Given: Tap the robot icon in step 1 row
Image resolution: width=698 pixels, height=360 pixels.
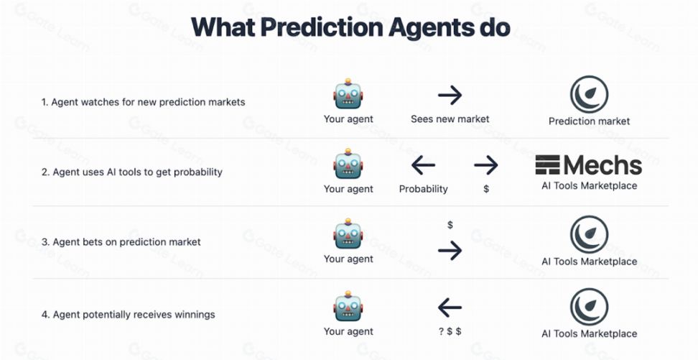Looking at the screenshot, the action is point(348,93).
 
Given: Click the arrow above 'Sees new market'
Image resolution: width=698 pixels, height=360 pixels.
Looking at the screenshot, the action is point(450,95).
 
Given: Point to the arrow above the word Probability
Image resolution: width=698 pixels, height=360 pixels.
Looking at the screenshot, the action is point(423,165).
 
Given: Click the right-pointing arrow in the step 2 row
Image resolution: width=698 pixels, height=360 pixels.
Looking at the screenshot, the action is point(486,165).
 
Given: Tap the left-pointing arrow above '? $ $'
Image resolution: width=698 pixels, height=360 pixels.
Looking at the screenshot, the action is point(450,308).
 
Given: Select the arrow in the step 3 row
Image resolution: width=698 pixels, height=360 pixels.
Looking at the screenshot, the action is point(450,251).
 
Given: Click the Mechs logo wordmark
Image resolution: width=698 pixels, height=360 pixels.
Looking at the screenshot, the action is point(589,165).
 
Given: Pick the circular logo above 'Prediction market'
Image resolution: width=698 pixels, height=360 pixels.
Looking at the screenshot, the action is point(589,94).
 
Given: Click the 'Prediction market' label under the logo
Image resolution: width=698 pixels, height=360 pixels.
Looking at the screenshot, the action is point(589,121).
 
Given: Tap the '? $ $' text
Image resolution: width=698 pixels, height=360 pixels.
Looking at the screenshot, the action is point(450,331).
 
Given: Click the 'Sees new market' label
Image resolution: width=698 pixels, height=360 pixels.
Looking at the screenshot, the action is point(450,119).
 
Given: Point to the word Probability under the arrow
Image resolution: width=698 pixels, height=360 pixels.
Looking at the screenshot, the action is point(424,189).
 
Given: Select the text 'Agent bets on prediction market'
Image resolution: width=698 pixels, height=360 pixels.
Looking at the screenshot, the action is point(127,242).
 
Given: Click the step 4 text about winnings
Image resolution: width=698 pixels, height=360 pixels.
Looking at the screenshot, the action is point(129,315).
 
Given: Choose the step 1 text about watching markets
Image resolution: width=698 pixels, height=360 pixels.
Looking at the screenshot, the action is point(144,102).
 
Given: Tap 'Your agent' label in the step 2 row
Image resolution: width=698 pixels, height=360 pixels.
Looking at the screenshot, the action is point(348,189).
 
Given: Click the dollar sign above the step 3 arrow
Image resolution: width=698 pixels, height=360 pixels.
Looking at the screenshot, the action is point(450,225).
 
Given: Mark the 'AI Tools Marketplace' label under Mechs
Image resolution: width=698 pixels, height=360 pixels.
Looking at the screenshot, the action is point(589,186).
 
